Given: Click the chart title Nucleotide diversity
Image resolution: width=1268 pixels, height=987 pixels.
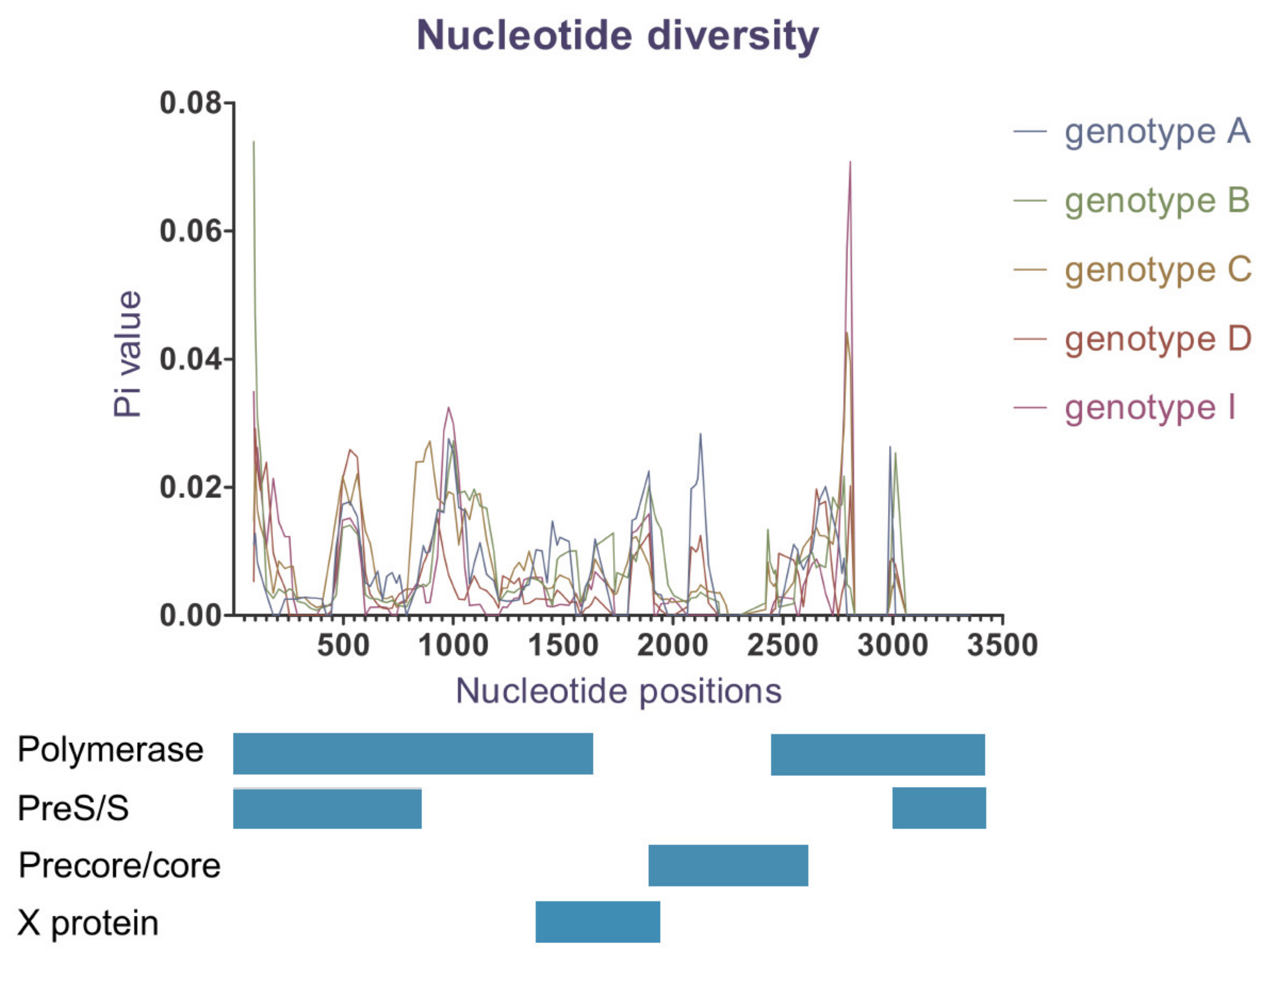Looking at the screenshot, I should tap(617, 36).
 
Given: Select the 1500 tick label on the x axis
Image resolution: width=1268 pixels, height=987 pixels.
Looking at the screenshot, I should tap(563, 645).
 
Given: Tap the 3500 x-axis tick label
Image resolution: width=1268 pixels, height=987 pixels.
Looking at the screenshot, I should tap(1002, 645).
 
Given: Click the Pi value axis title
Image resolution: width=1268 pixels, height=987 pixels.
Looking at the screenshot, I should tap(127, 354).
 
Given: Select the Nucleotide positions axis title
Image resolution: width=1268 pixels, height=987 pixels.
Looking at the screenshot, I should tap(618, 691).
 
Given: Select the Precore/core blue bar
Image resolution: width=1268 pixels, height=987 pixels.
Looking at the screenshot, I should tap(728, 865).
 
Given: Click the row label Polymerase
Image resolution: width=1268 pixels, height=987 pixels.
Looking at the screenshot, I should tap(110, 750).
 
